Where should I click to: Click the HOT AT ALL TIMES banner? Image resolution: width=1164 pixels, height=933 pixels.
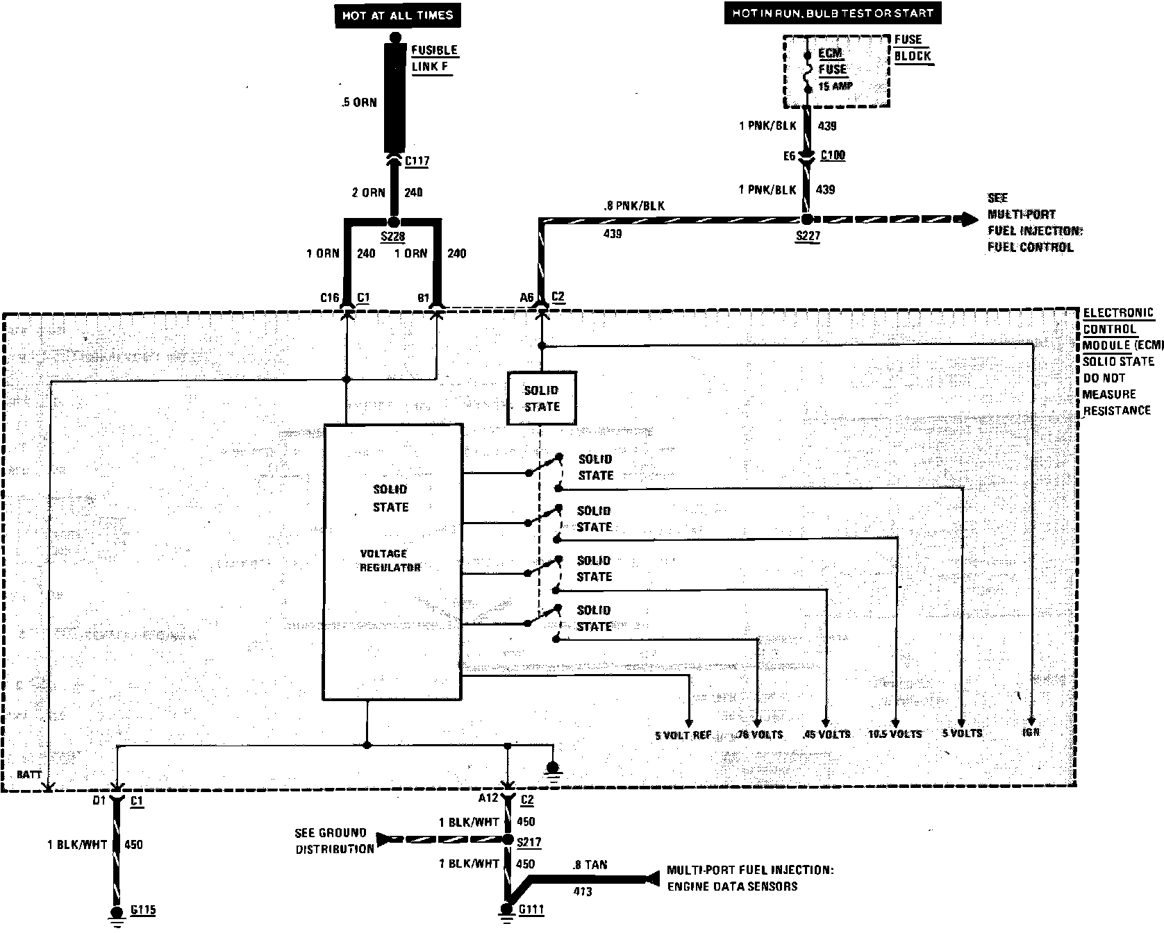pyautogui.click(x=397, y=15)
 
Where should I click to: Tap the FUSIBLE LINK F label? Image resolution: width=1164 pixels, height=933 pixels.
pyautogui.click(x=434, y=58)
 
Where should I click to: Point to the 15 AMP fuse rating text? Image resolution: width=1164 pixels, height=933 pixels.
pyautogui.click(x=835, y=87)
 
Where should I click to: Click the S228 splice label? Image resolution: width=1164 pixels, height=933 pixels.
pyautogui.click(x=393, y=237)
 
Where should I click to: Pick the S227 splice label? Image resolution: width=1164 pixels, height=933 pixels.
pyautogui.click(x=808, y=236)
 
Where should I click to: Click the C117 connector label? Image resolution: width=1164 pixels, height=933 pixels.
pyautogui.click(x=417, y=162)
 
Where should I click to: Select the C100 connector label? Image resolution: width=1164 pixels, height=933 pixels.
pyautogui.click(x=833, y=155)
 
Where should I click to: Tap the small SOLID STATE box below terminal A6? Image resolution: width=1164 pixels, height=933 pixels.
pyautogui.click(x=542, y=398)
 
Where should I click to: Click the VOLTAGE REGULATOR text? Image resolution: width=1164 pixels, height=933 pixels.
pyautogui.click(x=390, y=560)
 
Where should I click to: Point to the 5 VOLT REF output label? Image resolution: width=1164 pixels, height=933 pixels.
pyautogui.click(x=683, y=734)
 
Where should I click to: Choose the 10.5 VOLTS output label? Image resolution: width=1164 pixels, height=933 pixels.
pyautogui.click(x=895, y=734)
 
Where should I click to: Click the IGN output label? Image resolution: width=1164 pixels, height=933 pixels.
pyautogui.click(x=1031, y=732)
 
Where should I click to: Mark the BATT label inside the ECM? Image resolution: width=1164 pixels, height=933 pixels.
pyautogui.click(x=29, y=774)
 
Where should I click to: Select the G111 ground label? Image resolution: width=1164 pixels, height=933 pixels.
pyautogui.click(x=531, y=909)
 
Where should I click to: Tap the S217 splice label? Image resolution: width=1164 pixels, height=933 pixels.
pyautogui.click(x=529, y=842)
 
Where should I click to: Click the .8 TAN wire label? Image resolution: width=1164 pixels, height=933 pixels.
pyautogui.click(x=590, y=865)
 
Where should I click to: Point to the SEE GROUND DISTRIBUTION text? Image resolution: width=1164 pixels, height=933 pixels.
pyautogui.click(x=331, y=841)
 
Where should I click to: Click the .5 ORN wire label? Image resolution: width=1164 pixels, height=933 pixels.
pyautogui.click(x=359, y=103)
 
